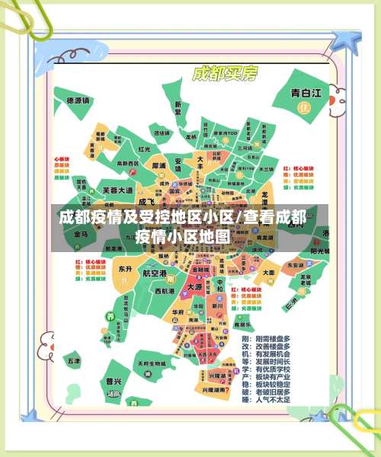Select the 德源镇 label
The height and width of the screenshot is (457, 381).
pyautogui.click(x=78, y=100)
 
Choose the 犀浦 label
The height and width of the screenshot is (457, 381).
pyautogui.click(x=158, y=165)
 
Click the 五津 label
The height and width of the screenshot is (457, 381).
pyautogui.click(x=73, y=360)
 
